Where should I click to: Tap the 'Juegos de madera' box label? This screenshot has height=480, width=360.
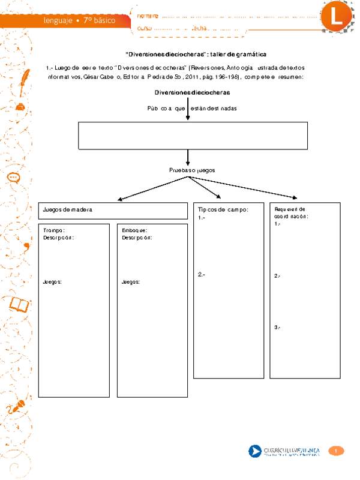pos(67,209)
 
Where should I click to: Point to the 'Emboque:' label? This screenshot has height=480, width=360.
pos(134,230)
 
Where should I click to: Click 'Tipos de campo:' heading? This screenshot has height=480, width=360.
pos(222,209)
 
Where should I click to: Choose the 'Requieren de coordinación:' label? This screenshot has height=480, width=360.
pos(290,212)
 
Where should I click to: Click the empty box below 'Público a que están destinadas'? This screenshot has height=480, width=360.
pos(193,135)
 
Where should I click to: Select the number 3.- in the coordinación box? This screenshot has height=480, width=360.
pos(277,328)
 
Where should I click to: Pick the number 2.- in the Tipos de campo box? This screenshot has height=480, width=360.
pos(202,275)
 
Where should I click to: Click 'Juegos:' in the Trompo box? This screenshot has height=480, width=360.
pos(53,281)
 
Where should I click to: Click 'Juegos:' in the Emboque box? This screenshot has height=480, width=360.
pos(131,281)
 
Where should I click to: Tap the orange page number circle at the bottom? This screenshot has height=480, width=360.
pos(337,451)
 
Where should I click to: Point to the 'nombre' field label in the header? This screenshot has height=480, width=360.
pos(148,14)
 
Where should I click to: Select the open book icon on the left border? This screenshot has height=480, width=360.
pos(19,305)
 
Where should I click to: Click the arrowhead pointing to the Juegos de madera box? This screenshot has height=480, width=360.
pos(121,199)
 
